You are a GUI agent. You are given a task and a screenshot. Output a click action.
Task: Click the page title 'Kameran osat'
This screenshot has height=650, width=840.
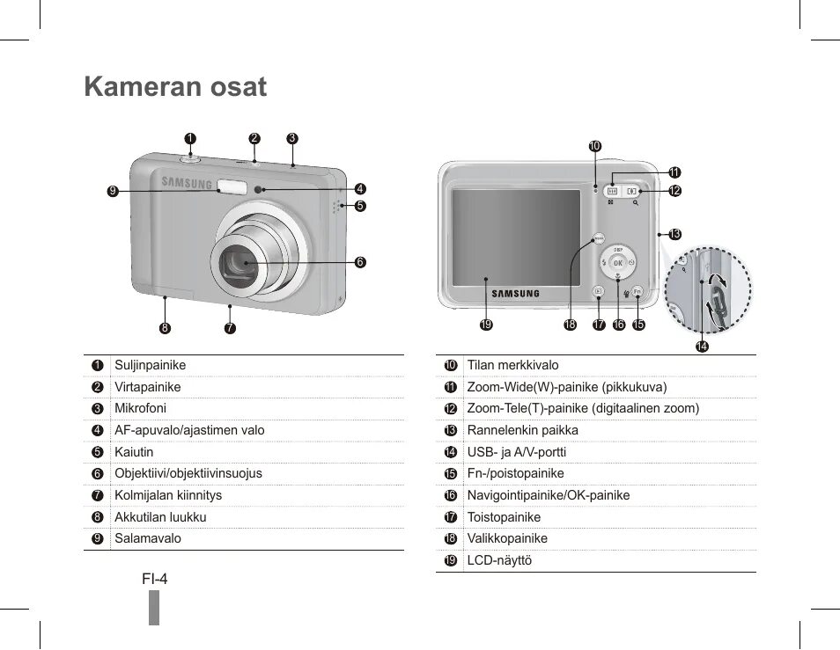(x=175, y=87)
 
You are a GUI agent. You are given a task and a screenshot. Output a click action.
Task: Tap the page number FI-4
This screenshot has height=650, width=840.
(x=154, y=579)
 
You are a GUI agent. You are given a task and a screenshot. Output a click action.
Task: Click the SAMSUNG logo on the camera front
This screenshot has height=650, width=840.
(x=187, y=184)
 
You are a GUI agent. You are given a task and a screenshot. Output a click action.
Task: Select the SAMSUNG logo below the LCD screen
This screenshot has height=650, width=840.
(x=515, y=293)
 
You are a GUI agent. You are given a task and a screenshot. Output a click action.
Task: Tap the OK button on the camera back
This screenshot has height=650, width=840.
(x=618, y=263)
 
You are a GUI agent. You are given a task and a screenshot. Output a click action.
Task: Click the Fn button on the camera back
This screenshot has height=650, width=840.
(x=637, y=291)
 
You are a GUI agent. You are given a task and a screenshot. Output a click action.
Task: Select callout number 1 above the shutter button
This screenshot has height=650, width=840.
(x=189, y=138)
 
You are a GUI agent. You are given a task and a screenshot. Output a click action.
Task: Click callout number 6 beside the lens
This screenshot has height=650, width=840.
(x=360, y=262)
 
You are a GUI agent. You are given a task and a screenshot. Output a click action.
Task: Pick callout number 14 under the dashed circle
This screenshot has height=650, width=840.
(x=702, y=347)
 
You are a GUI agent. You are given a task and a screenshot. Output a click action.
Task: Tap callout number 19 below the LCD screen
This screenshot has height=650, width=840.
(x=485, y=325)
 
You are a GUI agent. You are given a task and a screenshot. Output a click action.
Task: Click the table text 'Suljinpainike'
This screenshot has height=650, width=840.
(x=150, y=365)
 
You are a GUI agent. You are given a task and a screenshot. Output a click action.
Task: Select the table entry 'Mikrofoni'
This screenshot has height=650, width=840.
(x=140, y=408)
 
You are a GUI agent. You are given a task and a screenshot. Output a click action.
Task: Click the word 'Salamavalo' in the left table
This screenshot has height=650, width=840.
(x=147, y=538)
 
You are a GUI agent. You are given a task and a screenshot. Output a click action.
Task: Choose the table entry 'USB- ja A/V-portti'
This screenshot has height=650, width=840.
(x=516, y=452)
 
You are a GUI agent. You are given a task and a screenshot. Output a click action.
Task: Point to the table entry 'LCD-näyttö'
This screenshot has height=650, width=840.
(x=499, y=560)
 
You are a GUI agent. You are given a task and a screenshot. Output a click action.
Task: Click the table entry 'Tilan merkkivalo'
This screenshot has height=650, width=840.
(x=512, y=365)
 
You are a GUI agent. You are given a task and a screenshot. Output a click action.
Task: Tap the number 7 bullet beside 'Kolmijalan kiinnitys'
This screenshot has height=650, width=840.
(x=98, y=495)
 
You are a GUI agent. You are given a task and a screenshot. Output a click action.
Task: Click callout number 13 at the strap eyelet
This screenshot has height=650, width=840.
(x=675, y=234)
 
